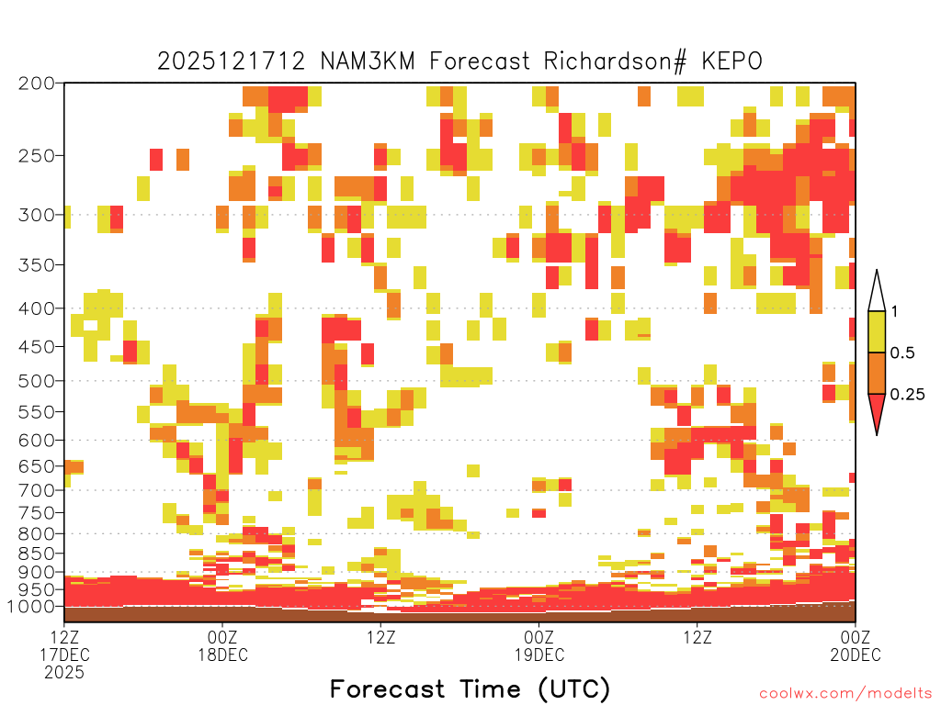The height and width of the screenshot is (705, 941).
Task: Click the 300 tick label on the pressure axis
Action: tap(36, 215)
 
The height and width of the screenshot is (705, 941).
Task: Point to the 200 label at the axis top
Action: tap(36, 84)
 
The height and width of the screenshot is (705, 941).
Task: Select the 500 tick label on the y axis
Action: tap(36, 381)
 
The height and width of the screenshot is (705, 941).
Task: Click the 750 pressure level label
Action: tap(36, 513)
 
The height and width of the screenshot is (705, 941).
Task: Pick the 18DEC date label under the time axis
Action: tap(222, 655)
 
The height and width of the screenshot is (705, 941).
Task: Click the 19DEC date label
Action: tap(539, 655)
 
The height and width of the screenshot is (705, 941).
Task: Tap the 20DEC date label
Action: tap(856, 655)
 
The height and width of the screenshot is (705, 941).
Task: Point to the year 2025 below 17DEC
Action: tap(64, 673)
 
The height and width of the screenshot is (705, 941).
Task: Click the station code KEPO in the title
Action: tap(731, 62)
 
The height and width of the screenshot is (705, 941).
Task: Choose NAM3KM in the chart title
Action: tap(368, 62)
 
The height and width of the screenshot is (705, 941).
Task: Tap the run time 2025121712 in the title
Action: tap(231, 62)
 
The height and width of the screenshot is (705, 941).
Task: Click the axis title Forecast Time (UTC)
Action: tap(470, 689)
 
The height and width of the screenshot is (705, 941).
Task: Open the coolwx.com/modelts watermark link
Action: tap(846, 694)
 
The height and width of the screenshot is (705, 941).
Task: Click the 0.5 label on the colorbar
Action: tap(902, 352)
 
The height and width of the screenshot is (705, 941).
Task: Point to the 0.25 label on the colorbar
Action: tap(907, 395)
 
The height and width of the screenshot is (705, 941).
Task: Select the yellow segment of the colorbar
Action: tap(877, 331)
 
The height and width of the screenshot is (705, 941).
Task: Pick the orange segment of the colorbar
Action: tap(877, 373)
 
